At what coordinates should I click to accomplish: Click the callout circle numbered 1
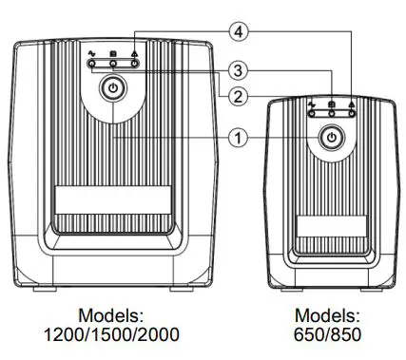tap(242, 137)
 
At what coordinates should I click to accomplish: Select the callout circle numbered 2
tap(242, 94)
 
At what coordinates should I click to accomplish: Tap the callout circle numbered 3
tap(242, 70)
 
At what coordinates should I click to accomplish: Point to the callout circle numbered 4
tap(242, 32)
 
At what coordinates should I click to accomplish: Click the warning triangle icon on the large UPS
tap(135, 55)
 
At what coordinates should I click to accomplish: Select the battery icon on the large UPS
tap(113, 55)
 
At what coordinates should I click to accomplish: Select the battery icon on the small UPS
tap(331, 102)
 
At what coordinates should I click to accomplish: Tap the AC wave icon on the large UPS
tap(92, 55)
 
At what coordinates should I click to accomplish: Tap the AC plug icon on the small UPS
tap(311, 102)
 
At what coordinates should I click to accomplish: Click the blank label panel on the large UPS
tap(112, 199)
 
